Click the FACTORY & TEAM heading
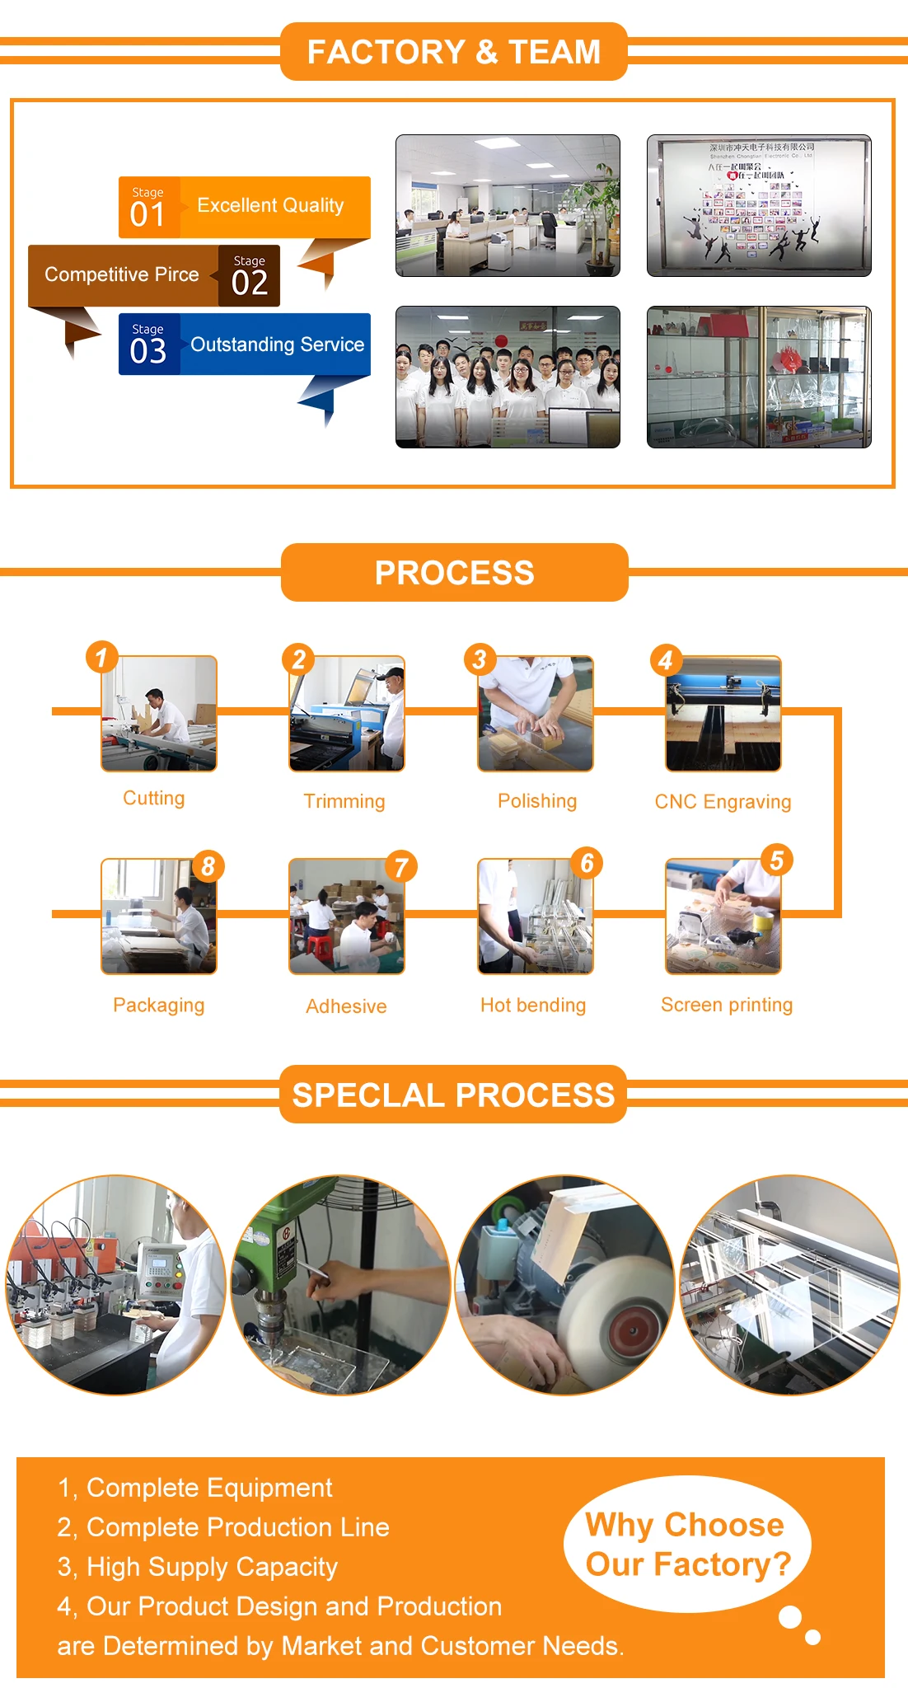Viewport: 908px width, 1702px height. [x=453, y=52]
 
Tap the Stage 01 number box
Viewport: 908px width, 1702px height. [x=148, y=208]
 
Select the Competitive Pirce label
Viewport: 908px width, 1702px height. [x=122, y=274]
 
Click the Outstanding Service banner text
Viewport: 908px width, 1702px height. [x=277, y=345]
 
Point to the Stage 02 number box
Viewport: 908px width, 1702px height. [x=249, y=276]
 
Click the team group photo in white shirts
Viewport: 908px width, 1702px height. [x=508, y=377]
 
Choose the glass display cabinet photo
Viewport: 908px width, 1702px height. [x=759, y=377]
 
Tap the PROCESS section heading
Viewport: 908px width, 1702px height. [x=454, y=573]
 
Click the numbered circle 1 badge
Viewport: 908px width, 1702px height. [x=101, y=657]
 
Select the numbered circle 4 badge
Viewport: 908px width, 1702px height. [x=666, y=659]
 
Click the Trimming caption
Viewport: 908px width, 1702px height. [x=344, y=801]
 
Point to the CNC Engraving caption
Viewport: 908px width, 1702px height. [x=723, y=802]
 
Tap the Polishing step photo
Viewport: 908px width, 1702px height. [x=535, y=714]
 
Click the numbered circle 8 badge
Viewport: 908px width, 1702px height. [x=208, y=866]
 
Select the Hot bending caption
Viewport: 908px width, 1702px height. [x=533, y=1005]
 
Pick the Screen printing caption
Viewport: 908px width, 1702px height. [x=727, y=1005]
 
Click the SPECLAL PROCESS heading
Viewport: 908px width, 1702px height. [x=453, y=1095]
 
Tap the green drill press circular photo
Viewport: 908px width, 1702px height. [x=340, y=1285]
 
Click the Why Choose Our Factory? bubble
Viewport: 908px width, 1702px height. [x=687, y=1544]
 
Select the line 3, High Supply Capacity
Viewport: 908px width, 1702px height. [x=198, y=1567]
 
